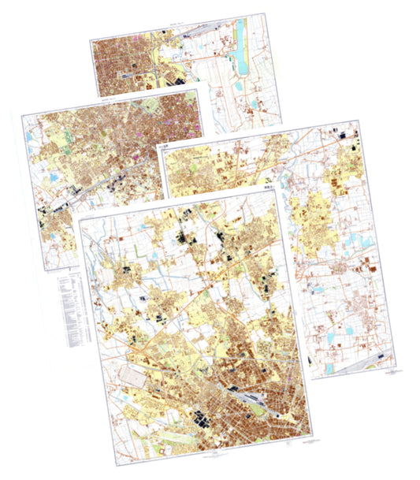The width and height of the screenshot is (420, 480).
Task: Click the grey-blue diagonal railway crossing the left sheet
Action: pyautogui.click(x=95, y=181)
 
